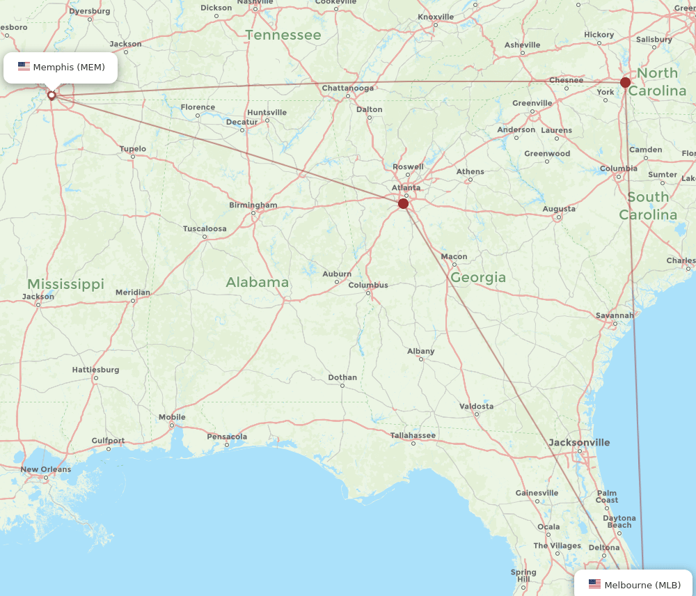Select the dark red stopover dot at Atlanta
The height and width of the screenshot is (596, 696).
[x=403, y=203]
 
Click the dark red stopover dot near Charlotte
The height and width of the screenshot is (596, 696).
[x=625, y=82]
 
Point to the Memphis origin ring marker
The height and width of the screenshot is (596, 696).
[x=52, y=95]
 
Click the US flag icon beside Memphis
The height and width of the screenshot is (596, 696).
[x=24, y=67]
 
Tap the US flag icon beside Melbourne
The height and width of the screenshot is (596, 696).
[x=594, y=584]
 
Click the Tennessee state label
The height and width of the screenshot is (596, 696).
[x=283, y=35]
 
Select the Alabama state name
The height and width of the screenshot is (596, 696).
[x=257, y=282]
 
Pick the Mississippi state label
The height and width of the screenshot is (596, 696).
[x=65, y=284]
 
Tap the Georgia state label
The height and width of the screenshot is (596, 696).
[x=478, y=278]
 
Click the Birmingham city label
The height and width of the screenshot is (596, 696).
[x=253, y=205]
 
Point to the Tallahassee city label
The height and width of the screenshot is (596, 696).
[x=413, y=436]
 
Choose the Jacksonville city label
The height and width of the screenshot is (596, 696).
[x=579, y=442]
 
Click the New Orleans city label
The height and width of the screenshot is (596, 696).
[x=45, y=469]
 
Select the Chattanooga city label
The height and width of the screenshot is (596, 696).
[x=347, y=88]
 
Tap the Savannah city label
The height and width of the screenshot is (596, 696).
[x=615, y=315]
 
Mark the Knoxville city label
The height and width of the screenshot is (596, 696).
[x=436, y=17]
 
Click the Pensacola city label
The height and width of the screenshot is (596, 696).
[x=227, y=437]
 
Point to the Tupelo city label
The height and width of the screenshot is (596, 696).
[x=133, y=148]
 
